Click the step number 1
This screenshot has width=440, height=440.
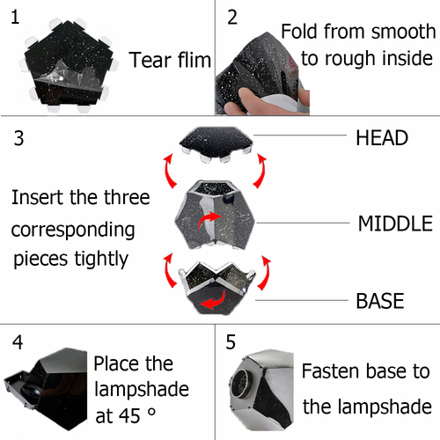click(x=15, y=17)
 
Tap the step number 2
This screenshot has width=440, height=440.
click(x=232, y=18)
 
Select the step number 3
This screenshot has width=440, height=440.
click(x=18, y=138)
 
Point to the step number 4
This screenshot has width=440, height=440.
click(x=18, y=342)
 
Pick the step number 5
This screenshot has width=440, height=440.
click(x=231, y=342)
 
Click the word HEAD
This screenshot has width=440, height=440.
click(x=382, y=138)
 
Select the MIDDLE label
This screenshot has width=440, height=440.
click(x=395, y=224)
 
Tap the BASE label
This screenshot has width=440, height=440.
click(x=380, y=301)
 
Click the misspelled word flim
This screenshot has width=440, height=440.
click(x=194, y=60)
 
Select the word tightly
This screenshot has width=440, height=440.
click(x=101, y=259)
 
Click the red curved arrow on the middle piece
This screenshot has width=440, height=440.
click(x=209, y=220)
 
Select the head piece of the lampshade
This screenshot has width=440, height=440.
click(x=216, y=144)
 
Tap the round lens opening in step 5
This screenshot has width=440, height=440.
click(x=242, y=384)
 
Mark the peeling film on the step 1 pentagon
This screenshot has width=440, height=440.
click(x=67, y=75)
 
